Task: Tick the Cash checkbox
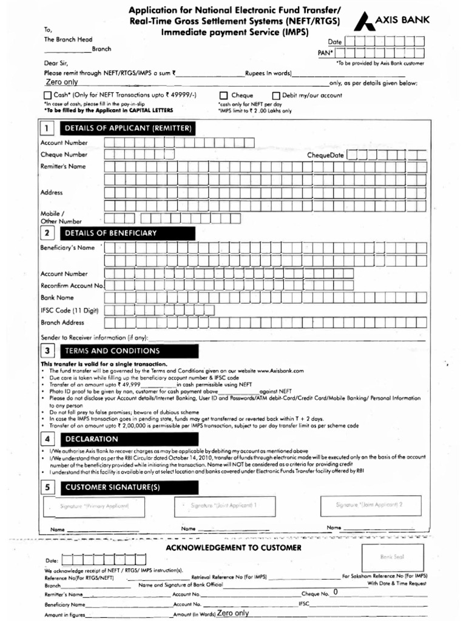point(48,96)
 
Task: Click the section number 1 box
point(47,129)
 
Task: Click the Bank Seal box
point(391,557)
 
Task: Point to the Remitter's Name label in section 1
point(63,166)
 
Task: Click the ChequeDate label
point(325,155)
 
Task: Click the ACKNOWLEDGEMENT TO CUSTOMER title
point(234,548)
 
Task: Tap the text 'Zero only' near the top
point(62,82)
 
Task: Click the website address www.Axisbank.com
point(280,370)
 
